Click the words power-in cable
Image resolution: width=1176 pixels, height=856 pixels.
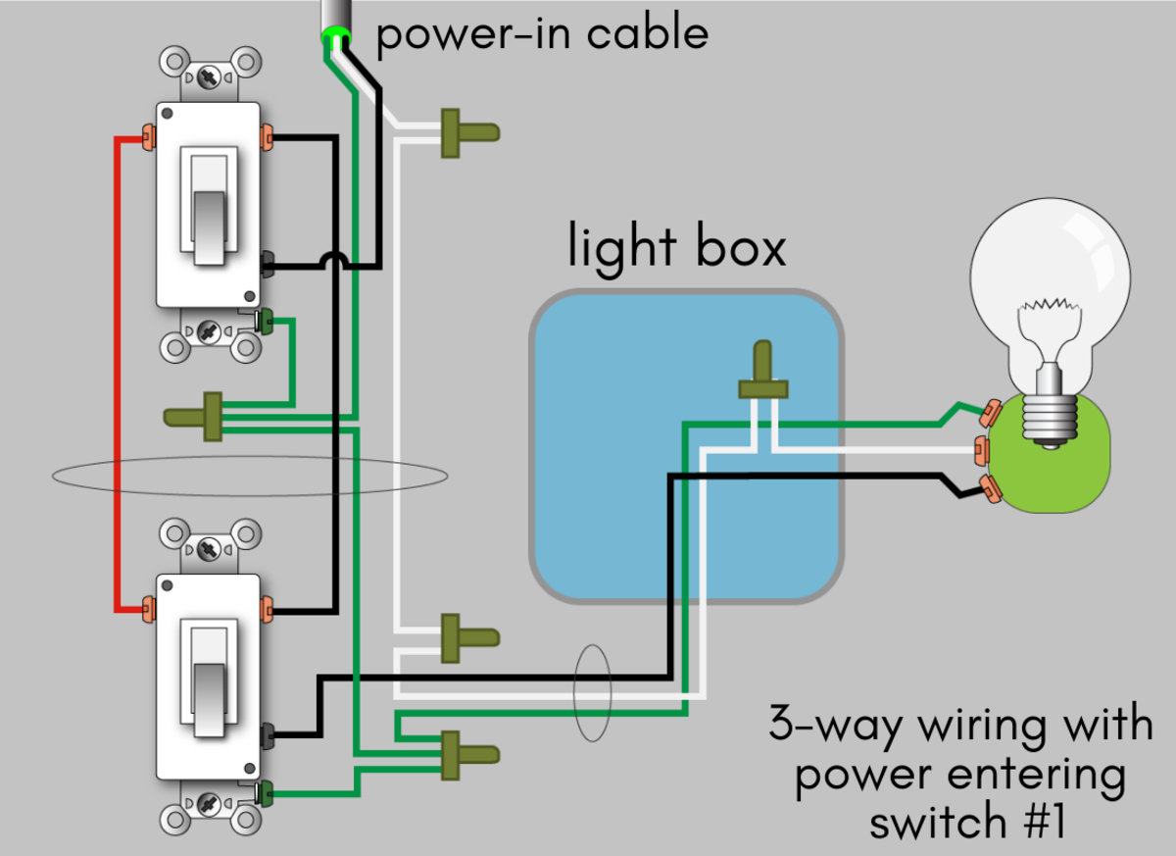542,34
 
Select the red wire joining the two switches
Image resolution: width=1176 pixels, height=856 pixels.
117,373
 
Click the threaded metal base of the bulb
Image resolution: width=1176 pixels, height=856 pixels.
1050,417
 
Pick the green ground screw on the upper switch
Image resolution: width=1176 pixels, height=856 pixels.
263,320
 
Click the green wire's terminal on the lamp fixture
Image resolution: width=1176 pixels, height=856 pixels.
989,411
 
